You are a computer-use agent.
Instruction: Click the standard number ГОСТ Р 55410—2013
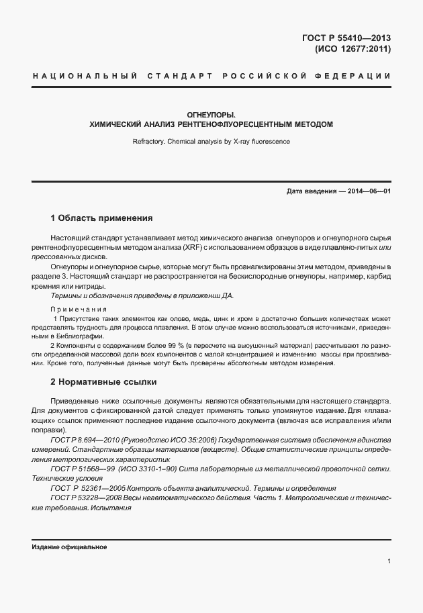click(x=346, y=38)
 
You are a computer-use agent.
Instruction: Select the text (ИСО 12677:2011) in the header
click(x=352, y=49)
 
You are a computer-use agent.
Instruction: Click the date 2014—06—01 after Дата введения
click(x=369, y=191)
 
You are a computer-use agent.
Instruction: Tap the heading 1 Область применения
click(x=102, y=218)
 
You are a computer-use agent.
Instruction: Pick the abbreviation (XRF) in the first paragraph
click(x=194, y=248)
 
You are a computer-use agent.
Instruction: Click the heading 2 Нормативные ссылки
click(x=103, y=382)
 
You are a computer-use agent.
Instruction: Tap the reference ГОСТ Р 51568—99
click(x=83, y=469)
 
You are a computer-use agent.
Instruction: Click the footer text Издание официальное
click(x=69, y=547)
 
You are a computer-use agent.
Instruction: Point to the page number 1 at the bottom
click(x=389, y=561)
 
